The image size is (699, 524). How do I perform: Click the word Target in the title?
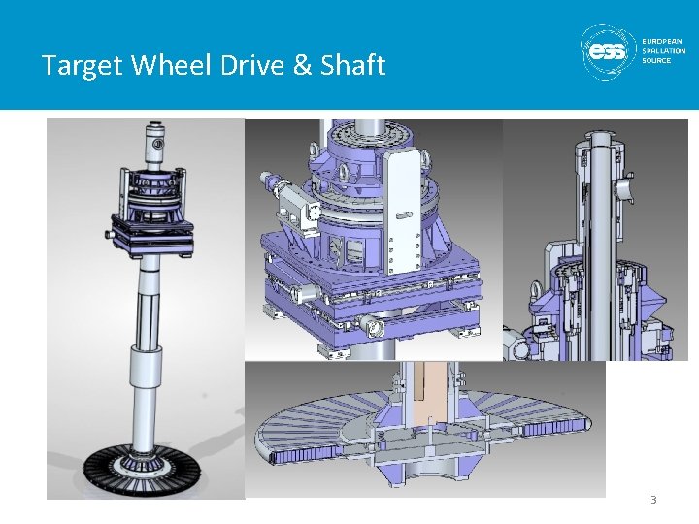[x=82, y=65]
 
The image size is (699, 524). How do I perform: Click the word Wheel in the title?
[x=171, y=64]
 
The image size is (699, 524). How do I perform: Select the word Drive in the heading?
[x=252, y=64]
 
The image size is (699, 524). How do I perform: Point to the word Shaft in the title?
[x=352, y=64]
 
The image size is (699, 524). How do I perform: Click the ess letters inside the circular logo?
[x=608, y=51]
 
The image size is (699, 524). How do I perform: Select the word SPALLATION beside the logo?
[x=664, y=50]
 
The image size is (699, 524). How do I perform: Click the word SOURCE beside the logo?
[x=656, y=60]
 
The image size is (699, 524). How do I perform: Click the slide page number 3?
[x=653, y=500]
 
